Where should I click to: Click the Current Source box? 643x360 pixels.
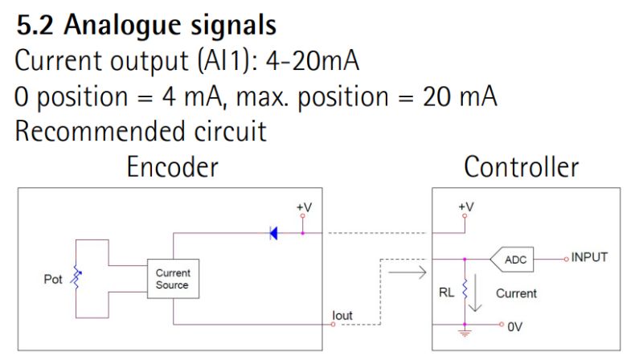point(172,279)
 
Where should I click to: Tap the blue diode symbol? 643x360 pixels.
point(273,234)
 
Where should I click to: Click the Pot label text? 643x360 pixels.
point(54,280)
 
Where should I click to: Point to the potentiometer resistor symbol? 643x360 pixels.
point(78,278)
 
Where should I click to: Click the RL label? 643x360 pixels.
point(447,293)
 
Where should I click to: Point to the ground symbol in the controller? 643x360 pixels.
point(465,329)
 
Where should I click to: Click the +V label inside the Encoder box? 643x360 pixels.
point(303,207)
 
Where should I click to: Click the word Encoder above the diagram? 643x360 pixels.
point(173,167)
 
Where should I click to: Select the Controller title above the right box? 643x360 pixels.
point(521,167)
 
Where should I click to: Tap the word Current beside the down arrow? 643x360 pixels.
point(516,293)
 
